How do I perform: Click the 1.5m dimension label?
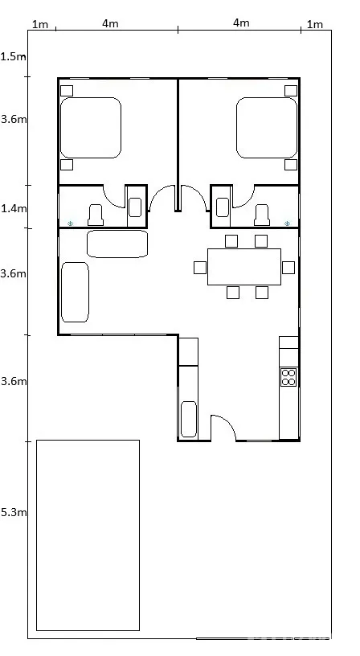click(13, 56)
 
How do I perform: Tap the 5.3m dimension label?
click(14, 512)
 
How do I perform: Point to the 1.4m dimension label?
click(14, 208)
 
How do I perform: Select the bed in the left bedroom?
click(91, 128)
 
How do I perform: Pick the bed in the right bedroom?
click(267, 128)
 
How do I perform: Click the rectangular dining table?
click(244, 267)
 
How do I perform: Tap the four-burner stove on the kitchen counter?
click(288, 377)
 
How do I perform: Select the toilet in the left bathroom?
click(95, 215)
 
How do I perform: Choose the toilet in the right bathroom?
click(262, 215)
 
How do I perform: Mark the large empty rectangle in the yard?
click(88, 535)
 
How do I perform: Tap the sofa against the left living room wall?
click(75, 292)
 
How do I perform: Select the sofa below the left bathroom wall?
click(117, 244)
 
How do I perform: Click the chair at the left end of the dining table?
click(200, 268)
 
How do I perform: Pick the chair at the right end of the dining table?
click(288, 268)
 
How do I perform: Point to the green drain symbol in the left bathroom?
click(70, 223)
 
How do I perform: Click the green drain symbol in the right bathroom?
click(287, 223)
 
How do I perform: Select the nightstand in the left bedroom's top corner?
click(67, 91)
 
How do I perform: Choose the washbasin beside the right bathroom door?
click(223, 207)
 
